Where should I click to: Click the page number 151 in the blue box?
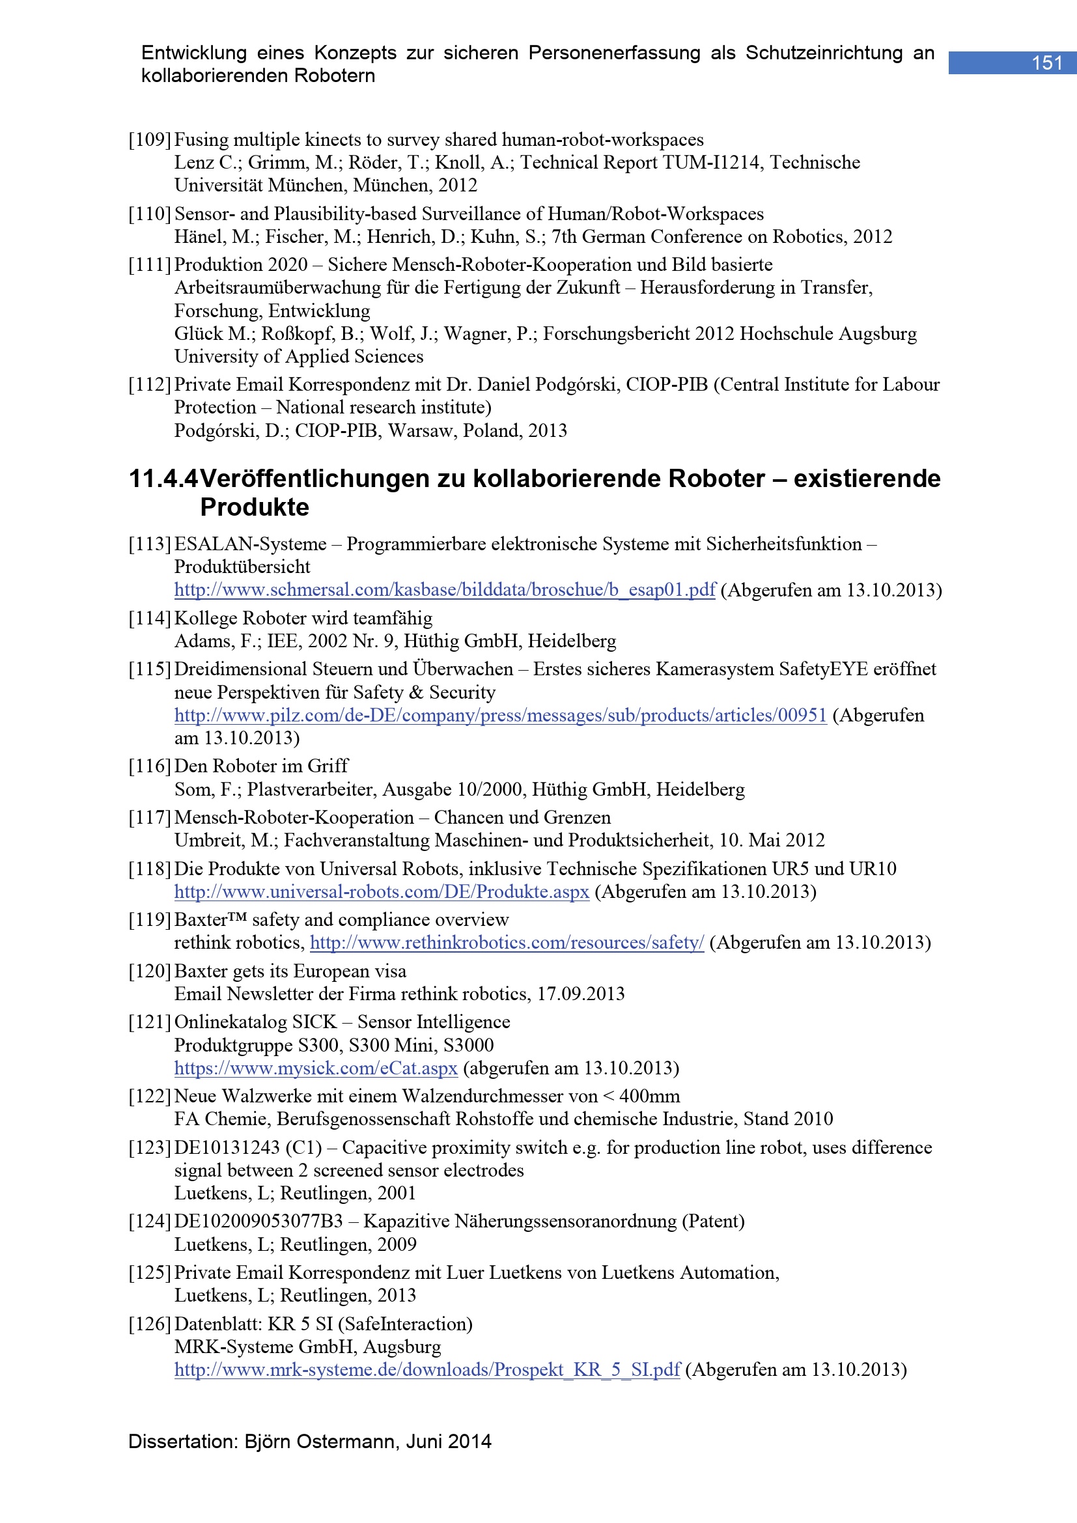coord(1046,63)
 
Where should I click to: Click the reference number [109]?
coord(150,140)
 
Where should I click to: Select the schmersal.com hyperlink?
coord(444,590)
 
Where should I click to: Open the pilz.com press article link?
coord(500,715)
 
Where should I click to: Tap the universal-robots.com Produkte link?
coord(382,891)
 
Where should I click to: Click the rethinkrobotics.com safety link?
coord(507,943)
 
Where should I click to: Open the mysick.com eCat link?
coord(316,1068)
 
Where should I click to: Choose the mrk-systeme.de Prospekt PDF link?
coord(427,1370)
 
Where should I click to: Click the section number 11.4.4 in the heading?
coord(163,479)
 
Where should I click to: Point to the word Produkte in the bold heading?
coord(255,507)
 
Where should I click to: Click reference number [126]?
coord(150,1324)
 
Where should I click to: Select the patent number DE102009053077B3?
coord(259,1221)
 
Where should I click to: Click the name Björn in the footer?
coord(267,1442)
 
